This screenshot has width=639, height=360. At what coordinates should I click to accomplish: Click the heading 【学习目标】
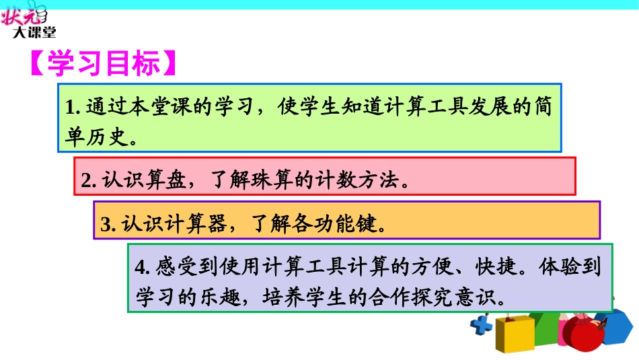coord(104,65)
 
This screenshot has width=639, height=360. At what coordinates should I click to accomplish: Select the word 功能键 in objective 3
coord(341,224)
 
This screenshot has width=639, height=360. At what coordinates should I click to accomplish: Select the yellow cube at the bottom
coord(513,334)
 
